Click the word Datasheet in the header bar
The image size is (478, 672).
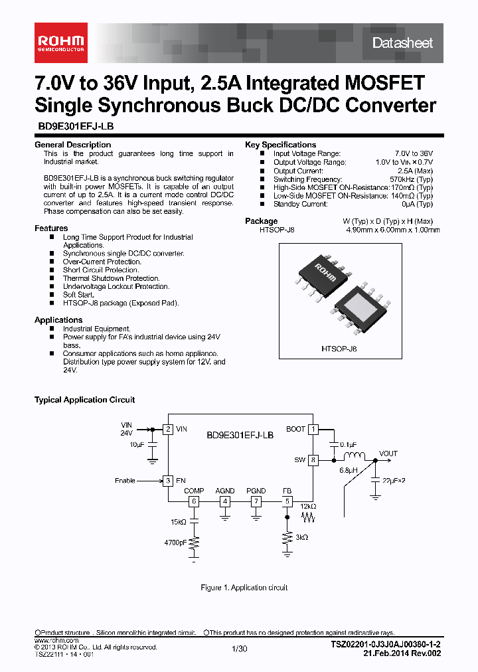402,43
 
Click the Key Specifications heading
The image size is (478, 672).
280,145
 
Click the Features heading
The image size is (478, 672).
51,228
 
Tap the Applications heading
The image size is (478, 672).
58,320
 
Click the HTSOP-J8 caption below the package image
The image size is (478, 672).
339,348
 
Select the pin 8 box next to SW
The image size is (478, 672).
313,460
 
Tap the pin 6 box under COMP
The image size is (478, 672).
194,501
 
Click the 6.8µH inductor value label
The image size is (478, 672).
349,470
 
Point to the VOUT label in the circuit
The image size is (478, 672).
388,454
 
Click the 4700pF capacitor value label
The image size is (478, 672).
175,543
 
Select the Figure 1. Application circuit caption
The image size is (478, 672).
244,588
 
